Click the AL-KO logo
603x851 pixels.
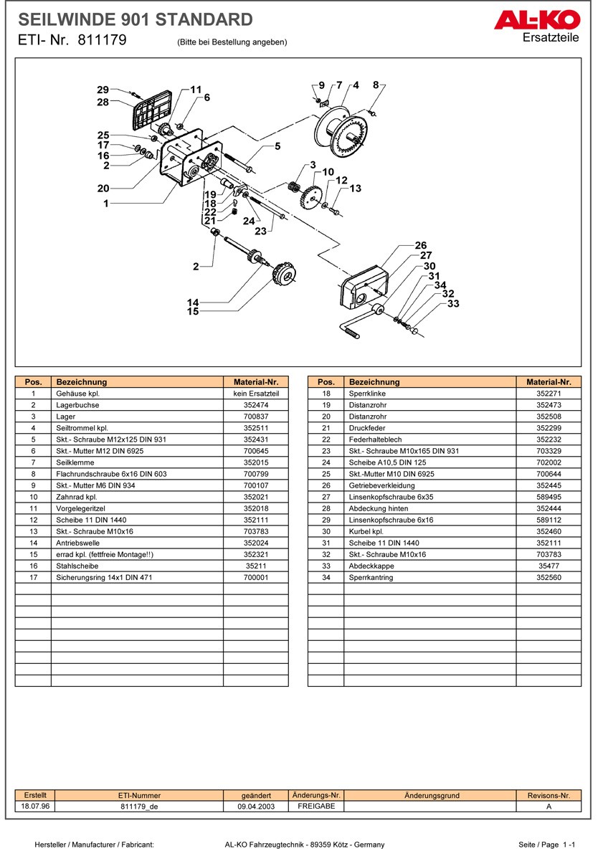[x=537, y=21]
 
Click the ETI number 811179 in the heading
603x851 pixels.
[x=101, y=41]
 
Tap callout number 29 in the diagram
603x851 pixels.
[x=103, y=90]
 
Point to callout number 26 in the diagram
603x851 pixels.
[x=421, y=246]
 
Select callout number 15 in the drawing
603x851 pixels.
[x=193, y=311]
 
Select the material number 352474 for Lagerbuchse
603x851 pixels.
[x=255, y=405]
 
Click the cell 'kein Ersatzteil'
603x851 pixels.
[x=255, y=394]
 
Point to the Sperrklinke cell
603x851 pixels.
[x=366, y=394]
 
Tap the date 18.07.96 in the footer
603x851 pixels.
[x=34, y=807]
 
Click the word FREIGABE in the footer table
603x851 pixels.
[x=316, y=807]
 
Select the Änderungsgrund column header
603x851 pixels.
[x=432, y=795]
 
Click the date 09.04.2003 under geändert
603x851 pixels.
[x=256, y=807]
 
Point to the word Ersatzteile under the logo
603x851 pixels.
[x=551, y=37]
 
